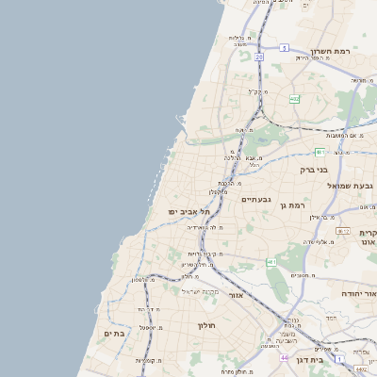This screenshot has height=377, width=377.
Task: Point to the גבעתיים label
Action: pyautogui.click(x=256, y=200)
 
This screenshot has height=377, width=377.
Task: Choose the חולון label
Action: pyautogui.click(x=207, y=325)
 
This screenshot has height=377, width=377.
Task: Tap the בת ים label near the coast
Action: pyautogui.click(x=115, y=333)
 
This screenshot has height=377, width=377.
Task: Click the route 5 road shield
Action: pyautogui.click(x=284, y=46)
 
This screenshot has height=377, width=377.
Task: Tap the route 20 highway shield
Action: pyautogui.click(x=258, y=57)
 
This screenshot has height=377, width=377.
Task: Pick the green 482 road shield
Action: pyautogui.click(x=294, y=98)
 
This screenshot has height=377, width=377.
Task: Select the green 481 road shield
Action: pyautogui.click(x=320, y=152)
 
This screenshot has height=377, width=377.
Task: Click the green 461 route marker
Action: pyautogui.click(x=270, y=262)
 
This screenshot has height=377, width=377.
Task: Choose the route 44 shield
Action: pyautogui.click(x=284, y=358)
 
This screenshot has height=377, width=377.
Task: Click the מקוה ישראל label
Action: pyautogui.click(x=199, y=290)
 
